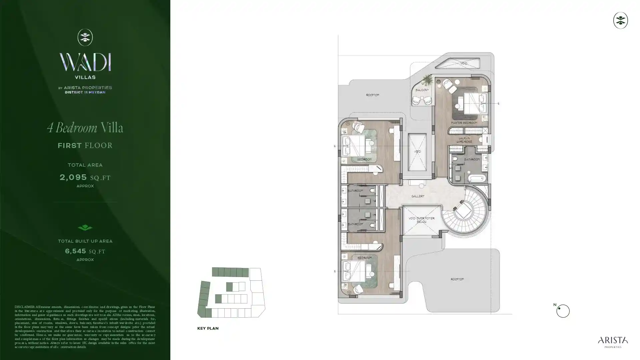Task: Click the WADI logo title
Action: tap(85, 62)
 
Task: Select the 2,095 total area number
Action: tap(73, 177)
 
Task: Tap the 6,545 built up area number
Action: tap(76, 251)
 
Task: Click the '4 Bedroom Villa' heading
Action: tap(85, 128)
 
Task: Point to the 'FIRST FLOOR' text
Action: tap(85, 146)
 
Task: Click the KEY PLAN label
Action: tap(208, 328)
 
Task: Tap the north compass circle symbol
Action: tap(563, 311)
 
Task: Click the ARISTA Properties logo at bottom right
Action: tap(613, 342)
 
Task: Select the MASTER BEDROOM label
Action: tap(464, 123)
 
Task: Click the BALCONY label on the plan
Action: tap(422, 90)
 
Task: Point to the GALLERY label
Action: tap(418, 196)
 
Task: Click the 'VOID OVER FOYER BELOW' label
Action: tap(421, 220)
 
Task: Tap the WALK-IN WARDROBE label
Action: tap(464, 140)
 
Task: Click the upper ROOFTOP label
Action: tap(372, 95)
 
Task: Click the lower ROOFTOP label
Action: tap(457, 279)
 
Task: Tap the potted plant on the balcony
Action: tap(427, 80)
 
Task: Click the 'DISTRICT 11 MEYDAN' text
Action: tap(85, 92)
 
